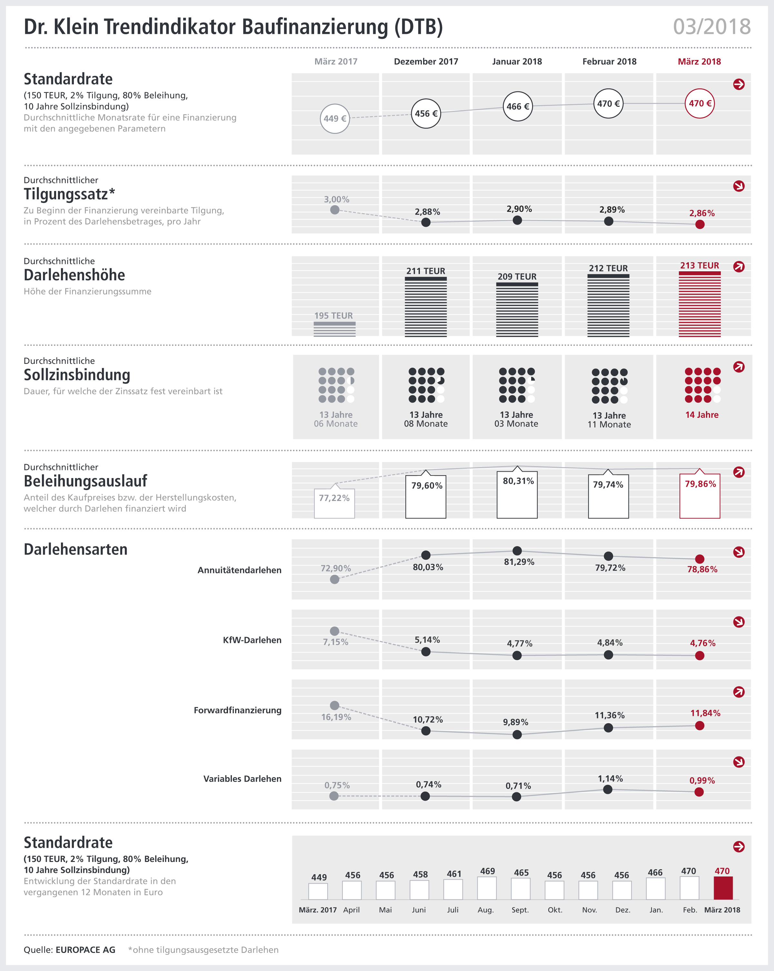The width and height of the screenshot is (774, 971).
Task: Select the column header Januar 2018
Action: pos(517,62)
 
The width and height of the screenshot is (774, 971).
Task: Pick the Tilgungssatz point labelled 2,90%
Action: pos(517,220)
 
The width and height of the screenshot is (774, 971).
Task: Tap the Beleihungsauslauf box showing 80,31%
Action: pos(517,494)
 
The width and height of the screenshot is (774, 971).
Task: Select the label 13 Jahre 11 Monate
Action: pos(609,420)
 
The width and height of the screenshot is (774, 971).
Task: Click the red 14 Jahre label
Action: pos(701,415)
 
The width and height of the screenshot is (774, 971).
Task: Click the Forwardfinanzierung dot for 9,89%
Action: pos(517,735)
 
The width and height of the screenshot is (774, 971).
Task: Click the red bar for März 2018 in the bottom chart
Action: pos(723,888)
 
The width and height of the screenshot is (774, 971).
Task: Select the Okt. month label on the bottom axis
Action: pos(555,910)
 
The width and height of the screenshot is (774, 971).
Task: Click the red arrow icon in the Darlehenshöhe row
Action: pos(739,266)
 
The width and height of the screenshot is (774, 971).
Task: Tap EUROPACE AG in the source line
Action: pos(85,950)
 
